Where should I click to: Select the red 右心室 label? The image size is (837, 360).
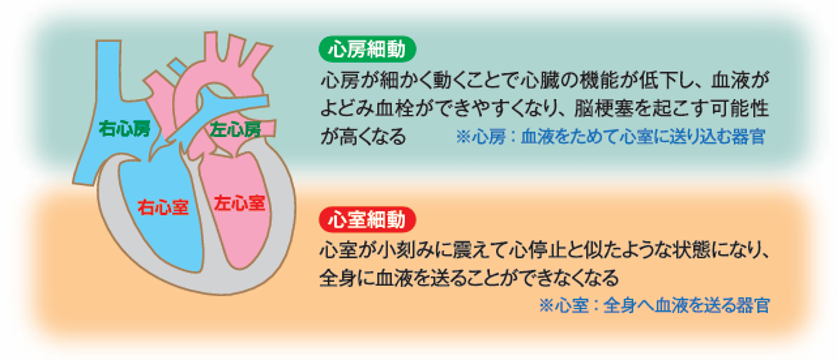pos(162,207)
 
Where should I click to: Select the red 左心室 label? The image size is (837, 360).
pos(239,203)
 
